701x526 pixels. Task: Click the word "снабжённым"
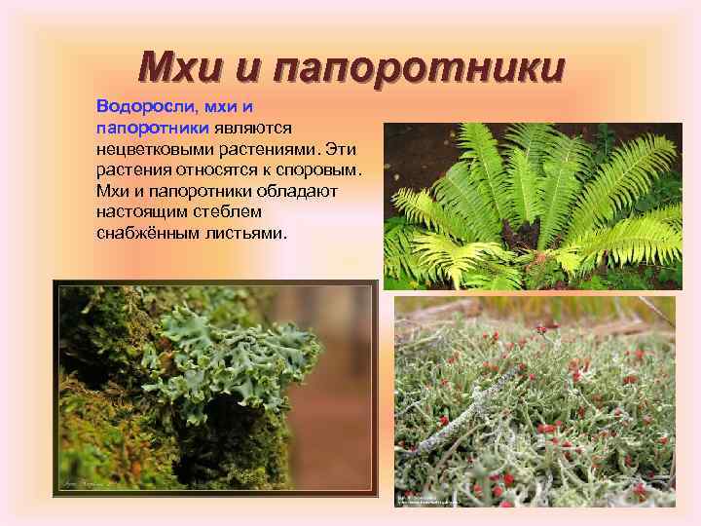144,234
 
